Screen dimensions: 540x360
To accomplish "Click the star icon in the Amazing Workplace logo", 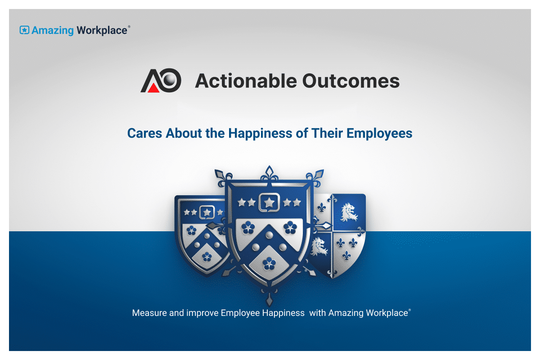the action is (x=24, y=30).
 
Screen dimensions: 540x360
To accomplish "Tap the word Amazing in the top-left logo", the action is (x=53, y=31).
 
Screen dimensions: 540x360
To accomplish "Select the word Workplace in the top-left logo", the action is (x=102, y=31).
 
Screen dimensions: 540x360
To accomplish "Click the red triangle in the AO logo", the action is (x=153, y=88).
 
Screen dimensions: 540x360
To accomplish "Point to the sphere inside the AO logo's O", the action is (x=170, y=79).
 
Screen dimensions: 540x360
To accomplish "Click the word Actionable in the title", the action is (x=246, y=81).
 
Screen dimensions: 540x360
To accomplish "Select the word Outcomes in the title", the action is (x=351, y=81).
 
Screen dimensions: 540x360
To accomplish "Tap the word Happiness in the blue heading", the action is (x=260, y=134).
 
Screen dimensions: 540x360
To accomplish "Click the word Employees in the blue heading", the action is (x=379, y=134).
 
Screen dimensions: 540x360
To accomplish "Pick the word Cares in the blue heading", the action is (x=144, y=133).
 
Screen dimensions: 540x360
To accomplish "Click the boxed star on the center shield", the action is (x=269, y=203).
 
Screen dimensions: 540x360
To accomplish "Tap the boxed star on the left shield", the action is (x=207, y=212).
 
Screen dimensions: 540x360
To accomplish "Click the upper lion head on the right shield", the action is (x=349, y=212).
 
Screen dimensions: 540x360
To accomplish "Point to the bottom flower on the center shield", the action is (x=269, y=263).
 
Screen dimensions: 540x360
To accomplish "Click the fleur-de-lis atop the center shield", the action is (x=269, y=174).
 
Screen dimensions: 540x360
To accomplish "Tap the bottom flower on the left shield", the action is (x=207, y=257).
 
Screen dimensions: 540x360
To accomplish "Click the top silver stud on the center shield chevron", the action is (x=269, y=235).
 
